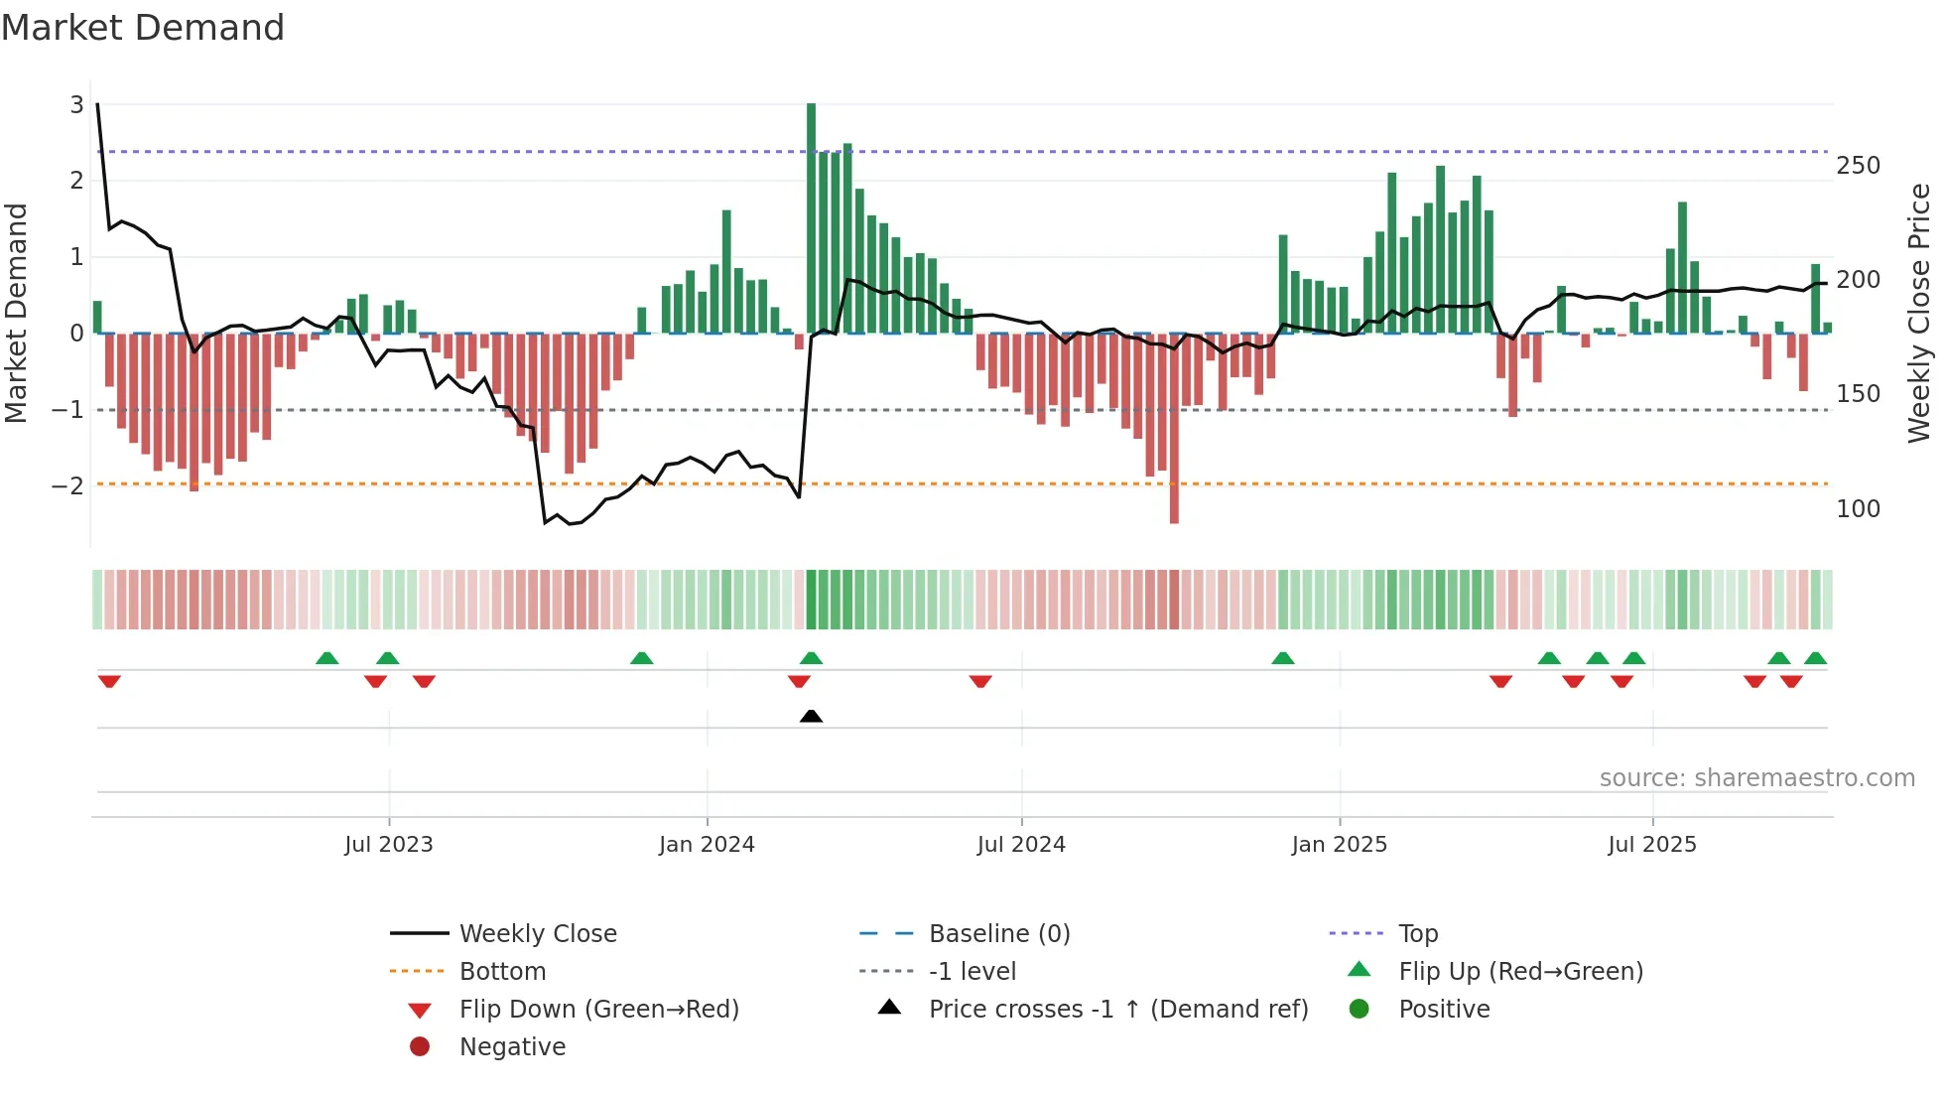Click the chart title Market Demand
click(143, 28)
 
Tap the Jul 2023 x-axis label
click(388, 845)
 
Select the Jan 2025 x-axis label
click(1339, 845)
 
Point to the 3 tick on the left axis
click(76, 105)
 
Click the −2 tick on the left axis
click(68, 486)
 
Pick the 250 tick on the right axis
click(1858, 166)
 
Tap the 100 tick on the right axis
click(1858, 509)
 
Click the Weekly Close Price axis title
click(1918, 313)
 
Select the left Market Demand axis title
click(16, 313)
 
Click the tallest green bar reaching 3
click(811, 218)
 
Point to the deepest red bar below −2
click(1174, 427)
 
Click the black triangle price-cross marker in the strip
click(811, 716)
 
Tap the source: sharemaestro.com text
click(1756, 778)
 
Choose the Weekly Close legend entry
click(537, 934)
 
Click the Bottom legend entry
click(502, 972)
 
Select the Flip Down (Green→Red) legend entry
click(598, 1010)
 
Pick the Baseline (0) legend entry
click(998, 934)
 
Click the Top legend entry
click(1417, 934)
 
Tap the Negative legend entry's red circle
click(420, 1047)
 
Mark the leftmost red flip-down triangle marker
click(109, 681)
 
